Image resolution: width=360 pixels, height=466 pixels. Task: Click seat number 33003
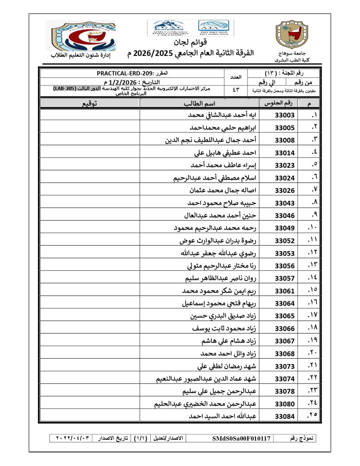click(285, 116)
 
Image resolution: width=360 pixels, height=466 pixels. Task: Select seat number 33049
click(285, 228)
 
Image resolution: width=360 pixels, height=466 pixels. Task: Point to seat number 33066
click(285, 329)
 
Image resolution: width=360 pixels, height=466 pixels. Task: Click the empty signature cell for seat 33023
click(90, 165)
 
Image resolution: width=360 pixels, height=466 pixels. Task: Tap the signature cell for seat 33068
click(90, 354)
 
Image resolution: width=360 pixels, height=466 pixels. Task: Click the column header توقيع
click(90, 104)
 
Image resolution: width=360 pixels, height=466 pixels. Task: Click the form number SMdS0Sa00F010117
click(241, 439)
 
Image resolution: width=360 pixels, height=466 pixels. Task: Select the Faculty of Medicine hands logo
click(83, 36)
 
